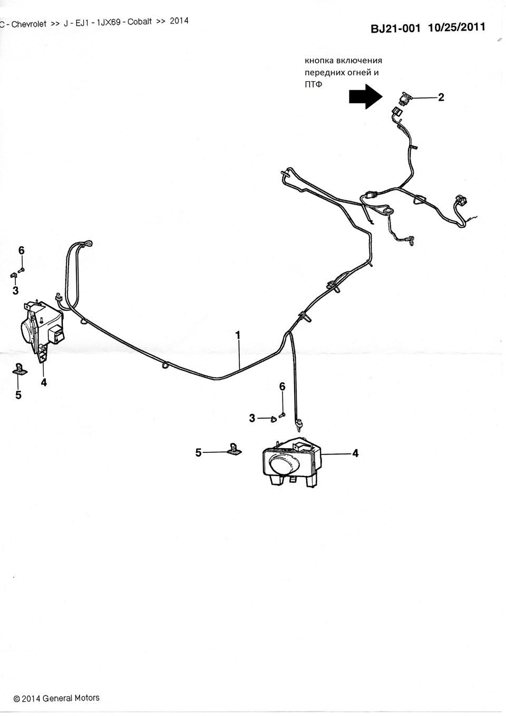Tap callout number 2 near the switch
click(x=441, y=97)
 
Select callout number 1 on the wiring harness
click(x=238, y=335)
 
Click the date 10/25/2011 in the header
click(x=456, y=27)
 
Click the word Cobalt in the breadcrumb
click(x=140, y=23)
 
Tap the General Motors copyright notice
click(x=56, y=698)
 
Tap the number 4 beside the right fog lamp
click(x=355, y=453)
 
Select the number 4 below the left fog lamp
click(x=44, y=383)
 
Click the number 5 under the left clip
click(x=18, y=394)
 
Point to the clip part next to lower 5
click(x=233, y=449)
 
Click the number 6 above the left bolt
click(x=22, y=250)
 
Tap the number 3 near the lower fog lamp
click(x=252, y=418)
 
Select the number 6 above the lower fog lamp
click(x=282, y=387)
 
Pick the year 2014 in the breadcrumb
click(x=179, y=22)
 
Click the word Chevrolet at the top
click(x=29, y=24)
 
